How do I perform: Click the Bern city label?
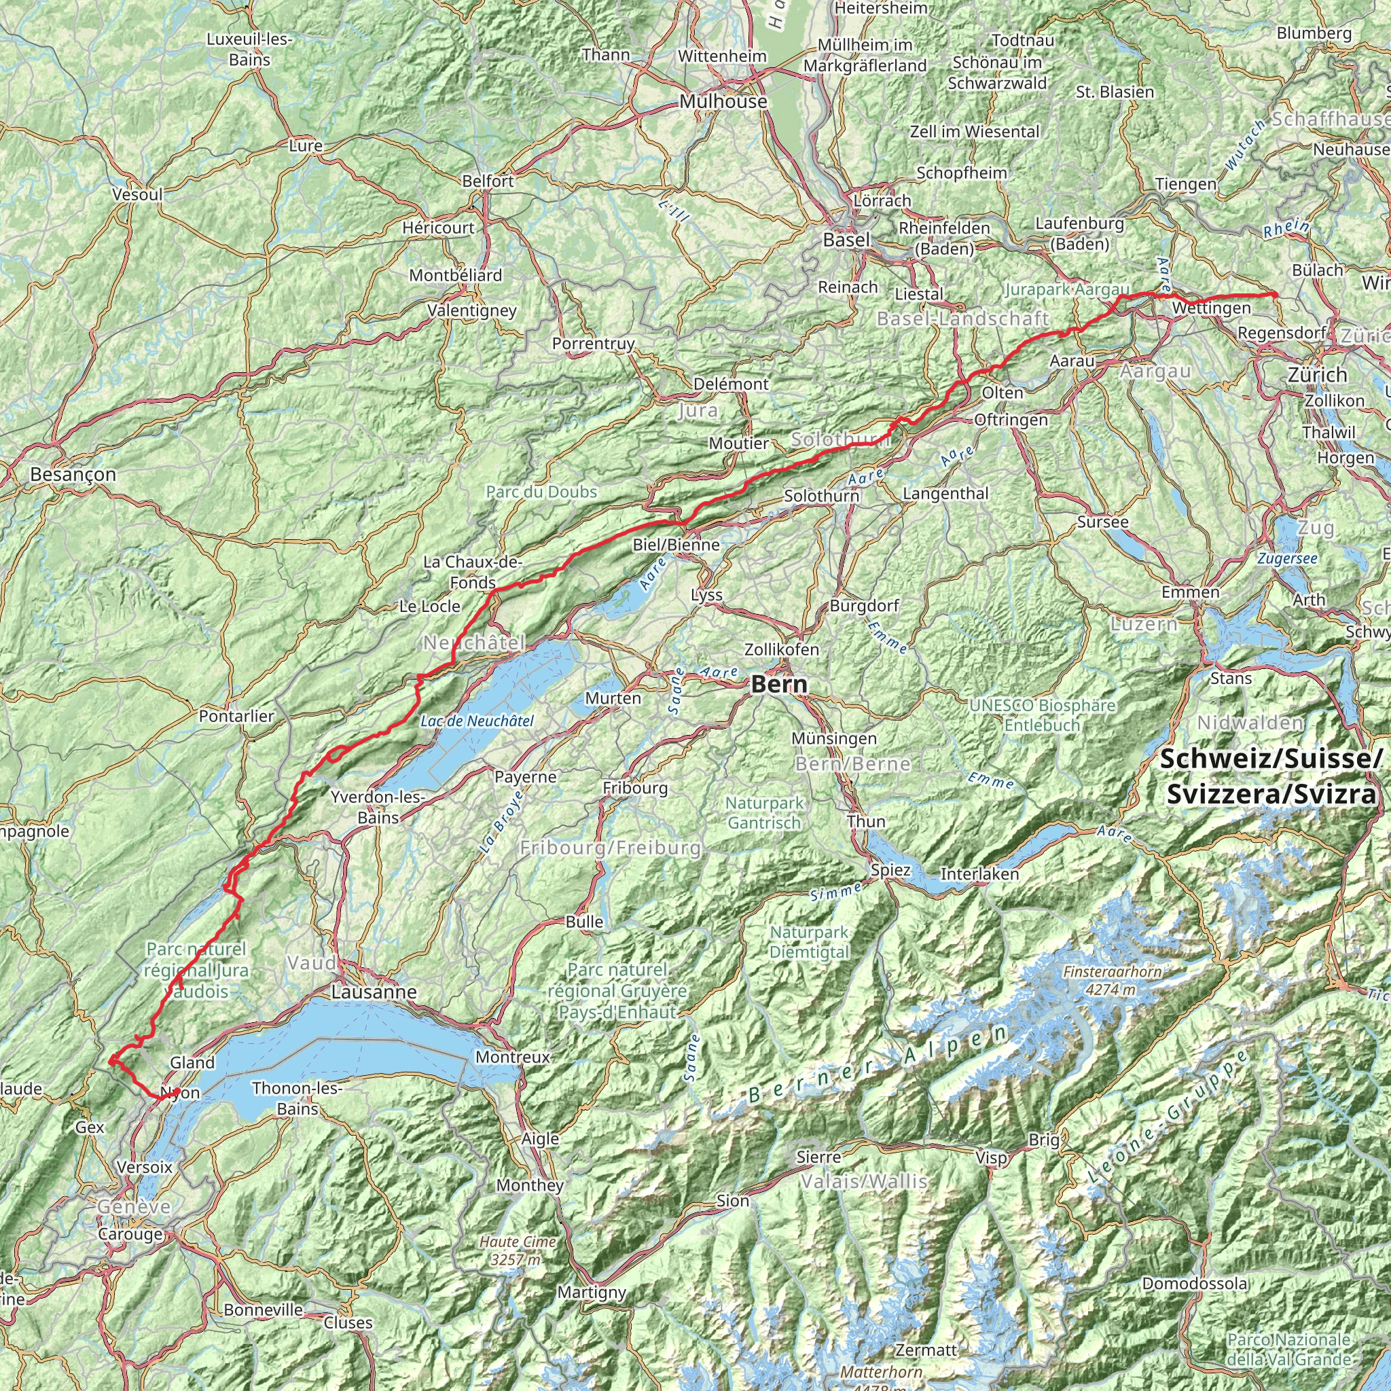(x=779, y=684)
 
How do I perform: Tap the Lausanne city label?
(x=374, y=992)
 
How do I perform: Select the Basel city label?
(x=846, y=240)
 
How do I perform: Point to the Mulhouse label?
(x=723, y=101)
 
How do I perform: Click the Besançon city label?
(x=73, y=474)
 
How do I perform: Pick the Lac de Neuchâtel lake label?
(x=477, y=721)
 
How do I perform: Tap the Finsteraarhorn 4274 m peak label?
(x=1112, y=981)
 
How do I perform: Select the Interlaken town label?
(x=979, y=874)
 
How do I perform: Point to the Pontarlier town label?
(x=237, y=716)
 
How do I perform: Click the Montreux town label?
(x=513, y=1057)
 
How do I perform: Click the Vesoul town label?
(x=137, y=194)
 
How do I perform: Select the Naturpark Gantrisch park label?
(x=764, y=812)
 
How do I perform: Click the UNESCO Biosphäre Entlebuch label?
(x=1042, y=715)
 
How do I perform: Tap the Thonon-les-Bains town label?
(x=297, y=1098)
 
